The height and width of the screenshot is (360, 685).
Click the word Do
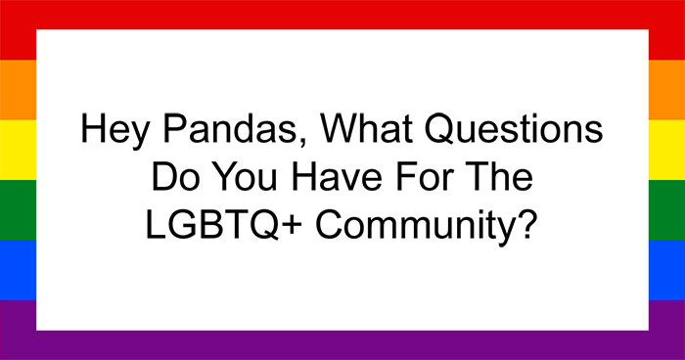168,179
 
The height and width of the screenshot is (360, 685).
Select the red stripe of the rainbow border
342,14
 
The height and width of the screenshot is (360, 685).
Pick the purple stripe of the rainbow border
342,344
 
